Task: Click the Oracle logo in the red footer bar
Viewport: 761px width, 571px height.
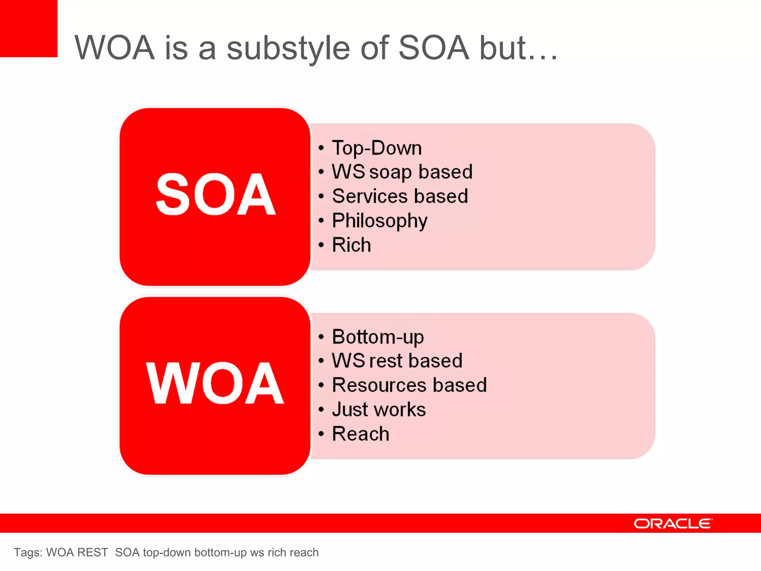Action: (673, 523)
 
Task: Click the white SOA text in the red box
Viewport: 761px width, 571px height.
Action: (215, 194)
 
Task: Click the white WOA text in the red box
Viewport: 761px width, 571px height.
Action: (215, 383)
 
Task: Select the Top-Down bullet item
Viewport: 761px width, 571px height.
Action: (377, 148)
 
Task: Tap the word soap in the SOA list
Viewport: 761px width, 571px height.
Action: (391, 172)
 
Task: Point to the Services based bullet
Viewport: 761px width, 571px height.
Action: (400, 196)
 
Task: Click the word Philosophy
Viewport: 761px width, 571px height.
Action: (379, 221)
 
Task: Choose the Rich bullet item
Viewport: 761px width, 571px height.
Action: (351, 245)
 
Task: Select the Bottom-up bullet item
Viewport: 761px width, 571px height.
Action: (378, 337)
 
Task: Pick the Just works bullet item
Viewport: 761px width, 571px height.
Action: (379, 410)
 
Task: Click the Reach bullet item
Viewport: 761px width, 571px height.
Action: (360, 434)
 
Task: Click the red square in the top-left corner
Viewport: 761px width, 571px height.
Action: (29, 28)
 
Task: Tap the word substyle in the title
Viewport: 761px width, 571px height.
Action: (288, 48)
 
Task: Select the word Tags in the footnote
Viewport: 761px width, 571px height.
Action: (27, 552)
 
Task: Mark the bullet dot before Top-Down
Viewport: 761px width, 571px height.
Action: (321, 148)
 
